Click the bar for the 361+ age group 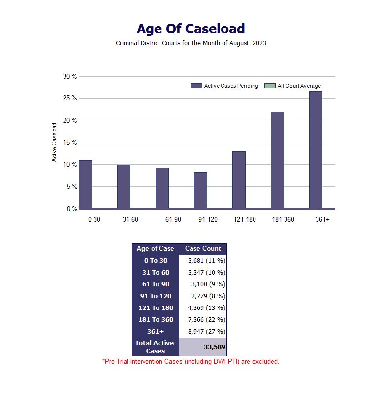[x=316, y=150]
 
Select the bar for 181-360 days [x=277, y=160]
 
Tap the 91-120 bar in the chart [x=200, y=190]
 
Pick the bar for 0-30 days [x=85, y=185]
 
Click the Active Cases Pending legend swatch [x=196, y=86]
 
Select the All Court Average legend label [x=299, y=86]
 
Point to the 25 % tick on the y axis [x=70, y=98]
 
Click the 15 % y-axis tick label [x=70, y=143]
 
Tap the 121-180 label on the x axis [x=245, y=219]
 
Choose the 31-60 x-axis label [x=130, y=219]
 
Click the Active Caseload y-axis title [x=54, y=143]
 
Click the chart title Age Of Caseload [x=191, y=29]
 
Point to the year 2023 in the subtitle [x=259, y=43]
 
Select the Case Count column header [x=203, y=248]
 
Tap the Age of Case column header [x=156, y=248]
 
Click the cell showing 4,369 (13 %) [x=207, y=308]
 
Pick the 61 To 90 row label [x=156, y=284]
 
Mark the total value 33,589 [x=215, y=347]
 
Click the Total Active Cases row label [x=155, y=347]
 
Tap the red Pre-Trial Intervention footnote [x=191, y=361]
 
